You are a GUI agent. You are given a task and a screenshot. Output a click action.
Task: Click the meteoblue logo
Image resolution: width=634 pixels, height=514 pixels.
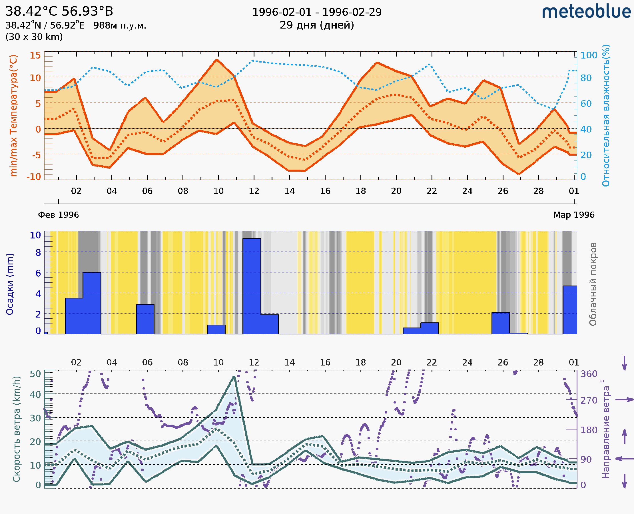pos(586,12)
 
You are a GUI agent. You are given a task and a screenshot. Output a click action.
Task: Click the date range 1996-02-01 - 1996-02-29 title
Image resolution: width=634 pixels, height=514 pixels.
pos(317,12)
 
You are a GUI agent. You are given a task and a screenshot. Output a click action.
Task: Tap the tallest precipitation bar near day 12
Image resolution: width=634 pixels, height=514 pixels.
pos(252,286)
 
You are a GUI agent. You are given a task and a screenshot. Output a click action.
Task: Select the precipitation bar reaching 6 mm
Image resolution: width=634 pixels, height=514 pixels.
pos(92,303)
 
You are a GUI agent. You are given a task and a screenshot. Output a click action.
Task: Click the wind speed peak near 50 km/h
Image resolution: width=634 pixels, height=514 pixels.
pos(234,377)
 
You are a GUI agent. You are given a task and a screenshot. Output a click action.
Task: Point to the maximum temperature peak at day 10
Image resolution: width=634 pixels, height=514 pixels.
pos(217,60)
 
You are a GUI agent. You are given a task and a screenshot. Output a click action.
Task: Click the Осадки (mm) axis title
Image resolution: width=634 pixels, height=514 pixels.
pos(10,284)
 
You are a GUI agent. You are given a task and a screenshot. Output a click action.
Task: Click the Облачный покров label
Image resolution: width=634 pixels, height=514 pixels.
pos(593,284)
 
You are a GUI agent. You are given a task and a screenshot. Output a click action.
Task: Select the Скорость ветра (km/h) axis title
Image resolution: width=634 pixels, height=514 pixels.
pos(17,429)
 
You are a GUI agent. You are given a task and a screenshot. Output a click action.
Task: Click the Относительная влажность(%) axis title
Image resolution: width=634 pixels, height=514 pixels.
pos(606,115)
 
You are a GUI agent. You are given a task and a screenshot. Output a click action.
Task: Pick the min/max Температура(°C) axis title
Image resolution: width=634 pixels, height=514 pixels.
pos(14,115)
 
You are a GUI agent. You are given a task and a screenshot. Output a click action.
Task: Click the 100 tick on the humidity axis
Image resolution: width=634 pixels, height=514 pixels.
pos(589,55)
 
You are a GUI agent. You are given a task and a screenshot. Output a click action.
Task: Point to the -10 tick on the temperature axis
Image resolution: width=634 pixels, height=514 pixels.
pos(34,177)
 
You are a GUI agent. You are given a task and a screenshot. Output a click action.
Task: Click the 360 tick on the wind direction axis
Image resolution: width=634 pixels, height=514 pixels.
pos(589,374)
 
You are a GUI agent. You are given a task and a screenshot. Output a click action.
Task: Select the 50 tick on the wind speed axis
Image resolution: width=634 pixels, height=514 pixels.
pos(35,374)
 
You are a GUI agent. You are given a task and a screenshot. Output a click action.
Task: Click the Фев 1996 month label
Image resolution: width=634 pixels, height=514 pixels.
pos(59,215)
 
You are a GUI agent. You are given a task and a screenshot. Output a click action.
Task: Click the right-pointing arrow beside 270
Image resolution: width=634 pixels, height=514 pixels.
pos(625,400)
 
